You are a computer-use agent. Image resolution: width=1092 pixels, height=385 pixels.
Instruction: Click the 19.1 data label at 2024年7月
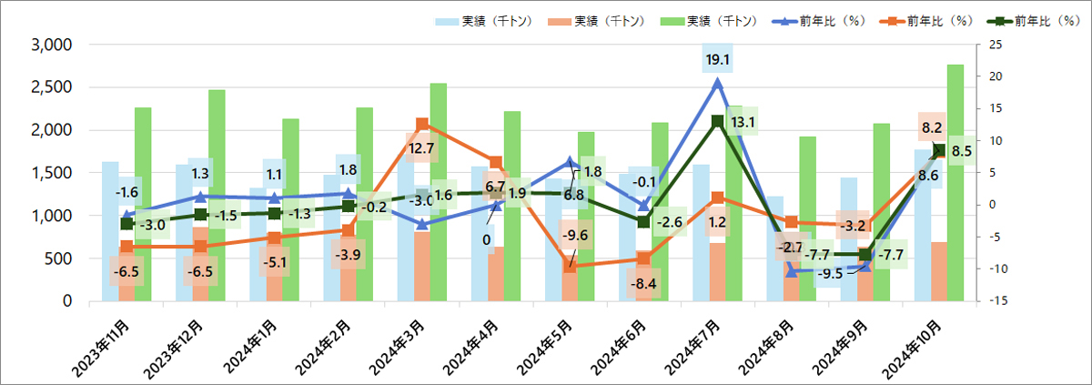[718, 60]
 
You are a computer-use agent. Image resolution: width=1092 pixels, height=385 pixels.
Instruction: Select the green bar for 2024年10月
[955, 182]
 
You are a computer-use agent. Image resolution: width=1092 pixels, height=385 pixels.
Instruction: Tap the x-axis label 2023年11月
[107, 347]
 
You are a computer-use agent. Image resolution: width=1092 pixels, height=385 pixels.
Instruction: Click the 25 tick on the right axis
[996, 45]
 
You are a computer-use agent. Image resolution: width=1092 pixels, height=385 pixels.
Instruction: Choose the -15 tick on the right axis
[996, 301]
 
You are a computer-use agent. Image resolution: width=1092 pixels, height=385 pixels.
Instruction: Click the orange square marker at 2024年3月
[422, 124]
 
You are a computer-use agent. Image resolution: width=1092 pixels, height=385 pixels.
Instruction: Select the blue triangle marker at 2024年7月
[718, 83]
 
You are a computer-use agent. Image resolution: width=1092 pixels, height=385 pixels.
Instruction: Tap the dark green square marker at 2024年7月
[718, 121]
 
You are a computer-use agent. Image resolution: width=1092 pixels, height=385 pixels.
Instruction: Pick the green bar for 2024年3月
[439, 191]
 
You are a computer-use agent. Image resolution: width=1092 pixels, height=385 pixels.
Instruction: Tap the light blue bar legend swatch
[446, 21]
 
